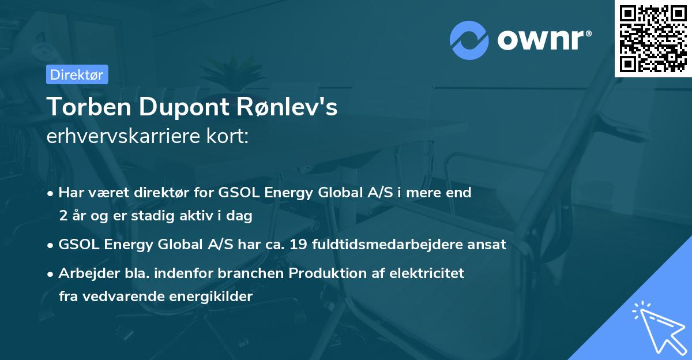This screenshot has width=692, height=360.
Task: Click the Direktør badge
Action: [x=77, y=74]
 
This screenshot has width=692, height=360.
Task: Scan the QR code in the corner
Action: [x=653, y=38]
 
